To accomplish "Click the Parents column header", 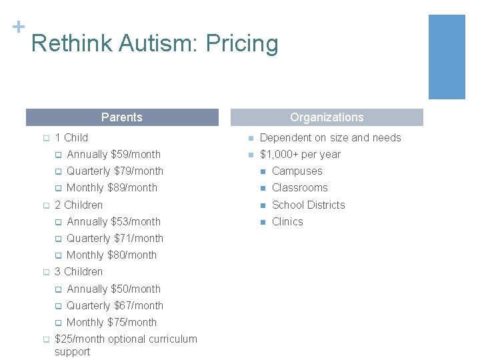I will point(122,117).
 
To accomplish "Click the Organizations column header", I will point(327,117).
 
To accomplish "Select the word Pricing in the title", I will point(242,44).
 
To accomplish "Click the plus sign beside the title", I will point(18,27).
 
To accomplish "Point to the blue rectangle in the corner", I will point(446,57).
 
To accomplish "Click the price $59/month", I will point(135,154).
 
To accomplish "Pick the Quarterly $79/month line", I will point(115,171).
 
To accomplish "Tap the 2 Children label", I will point(79,205).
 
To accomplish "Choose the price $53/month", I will point(135,221).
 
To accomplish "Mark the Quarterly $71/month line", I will point(115,238).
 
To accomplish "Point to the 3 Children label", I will point(79,271).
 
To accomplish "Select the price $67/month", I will point(139,305).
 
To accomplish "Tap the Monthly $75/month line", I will point(111,322).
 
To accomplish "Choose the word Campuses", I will point(297,171).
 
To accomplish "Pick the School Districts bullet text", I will point(308,205).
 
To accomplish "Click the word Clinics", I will point(287,221).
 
